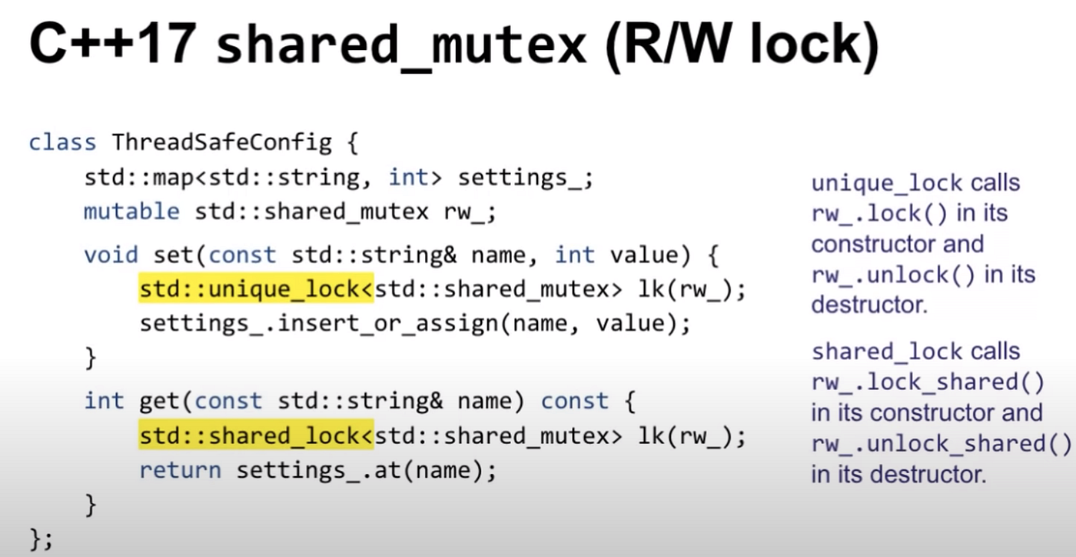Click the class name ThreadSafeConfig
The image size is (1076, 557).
click(x=222, y=143)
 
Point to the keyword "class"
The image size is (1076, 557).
click(x=62, y=143)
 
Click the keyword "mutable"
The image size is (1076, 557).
click(x=131, y=212)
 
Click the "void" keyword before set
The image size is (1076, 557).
click(x=111, y=255)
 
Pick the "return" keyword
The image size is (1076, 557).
click(x=180, y=470)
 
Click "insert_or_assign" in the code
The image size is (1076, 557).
click(x=389, y=324)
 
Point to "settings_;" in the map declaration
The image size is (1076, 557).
click(x=526, y=178)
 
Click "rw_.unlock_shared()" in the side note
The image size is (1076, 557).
click(x=941, y=443)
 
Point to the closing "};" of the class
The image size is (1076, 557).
click(x=42, y=537)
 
